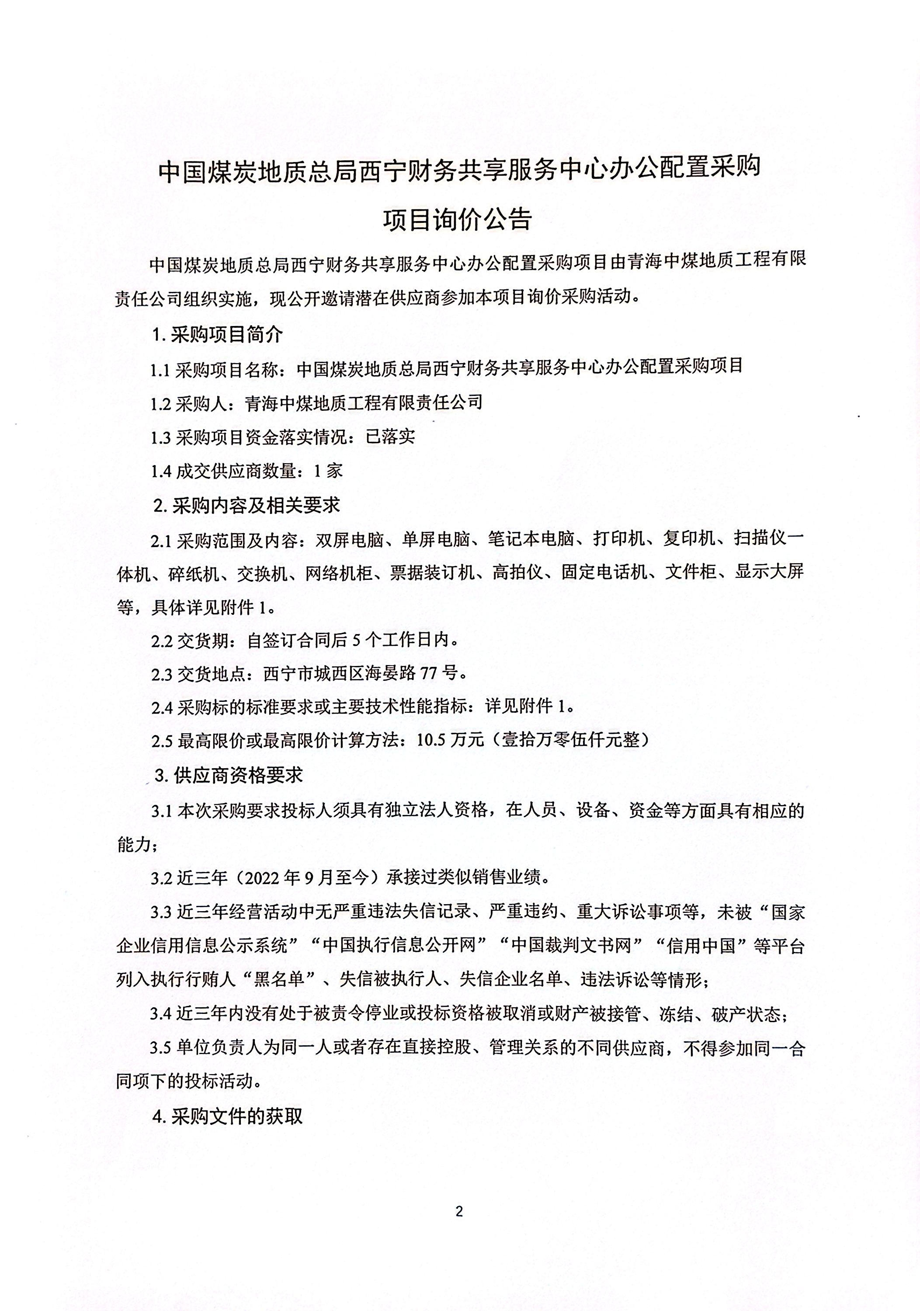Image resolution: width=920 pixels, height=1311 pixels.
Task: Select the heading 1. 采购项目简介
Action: (218, 335)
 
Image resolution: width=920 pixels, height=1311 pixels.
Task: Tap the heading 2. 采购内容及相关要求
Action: (247, 505)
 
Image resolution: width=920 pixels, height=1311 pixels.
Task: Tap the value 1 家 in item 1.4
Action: (328, 471)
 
